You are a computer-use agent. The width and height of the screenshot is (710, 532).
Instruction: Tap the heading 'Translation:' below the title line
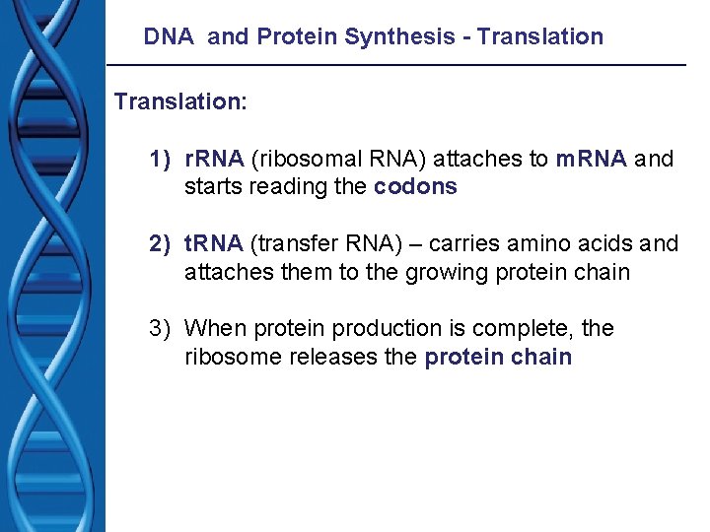[x=177, y=102]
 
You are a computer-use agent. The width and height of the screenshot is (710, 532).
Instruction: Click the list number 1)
[x=161, y=160]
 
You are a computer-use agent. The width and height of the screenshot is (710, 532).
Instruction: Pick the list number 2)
[x=161, y=244]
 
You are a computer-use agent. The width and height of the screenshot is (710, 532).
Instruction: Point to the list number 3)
[x=161, y=329]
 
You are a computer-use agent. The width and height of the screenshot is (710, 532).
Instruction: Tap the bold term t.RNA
[x=215, y=244]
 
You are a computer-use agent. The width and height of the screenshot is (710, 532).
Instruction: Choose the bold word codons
[x=416, y=187]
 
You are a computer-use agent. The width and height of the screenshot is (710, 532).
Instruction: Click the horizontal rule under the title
[x=395, y=65]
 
